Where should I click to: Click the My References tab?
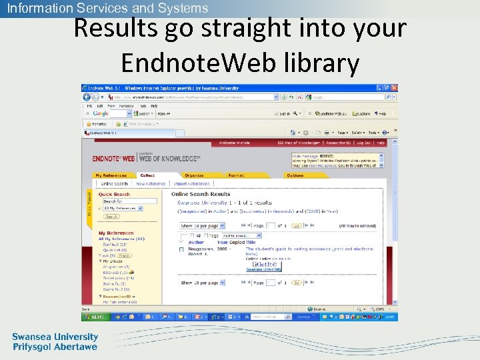(109, 175)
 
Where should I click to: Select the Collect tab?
(147, 175)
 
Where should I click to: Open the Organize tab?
(195, 175)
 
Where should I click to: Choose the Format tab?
(236, 175)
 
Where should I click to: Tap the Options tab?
(295, 175)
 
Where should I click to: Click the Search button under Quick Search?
(111, 216)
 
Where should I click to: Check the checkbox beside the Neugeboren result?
(181, 249)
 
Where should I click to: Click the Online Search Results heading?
(201, 194)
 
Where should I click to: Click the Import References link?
(191, 183)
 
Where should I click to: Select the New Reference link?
(150, 183)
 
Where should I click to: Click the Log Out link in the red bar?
(364, 143)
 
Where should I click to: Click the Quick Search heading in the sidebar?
(114, 194)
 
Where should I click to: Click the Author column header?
(196, 243)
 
